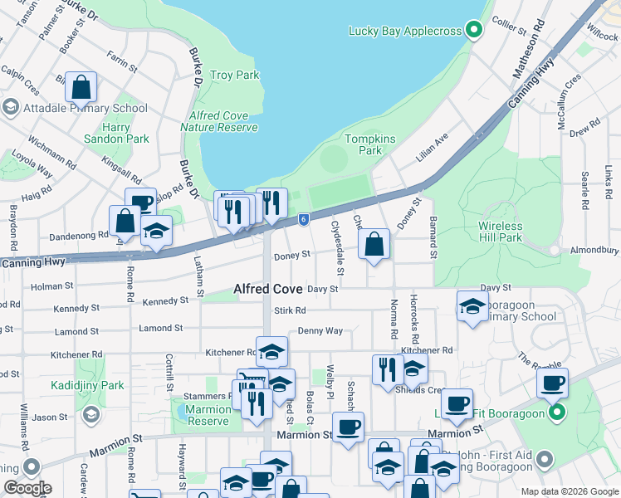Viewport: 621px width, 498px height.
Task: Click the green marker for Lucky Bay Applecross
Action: (x=474, y=32)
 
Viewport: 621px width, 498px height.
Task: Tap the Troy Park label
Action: (x=235, y=76)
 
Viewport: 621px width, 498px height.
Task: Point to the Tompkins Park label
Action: (x=364, y=144)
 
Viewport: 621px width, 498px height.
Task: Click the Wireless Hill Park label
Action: (x=501, y=232)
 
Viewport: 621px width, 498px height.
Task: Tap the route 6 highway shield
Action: (x=305, y=219)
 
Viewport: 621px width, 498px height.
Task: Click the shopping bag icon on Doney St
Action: (x=374, y=244)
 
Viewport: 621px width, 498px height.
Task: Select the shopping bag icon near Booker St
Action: (x=81, y=86)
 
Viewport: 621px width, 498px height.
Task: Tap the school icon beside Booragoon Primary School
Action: (x=472, y=305)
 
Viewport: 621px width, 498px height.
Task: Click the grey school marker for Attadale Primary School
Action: (x=10, y=108)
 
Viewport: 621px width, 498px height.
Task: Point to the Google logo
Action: (x=27, y=488)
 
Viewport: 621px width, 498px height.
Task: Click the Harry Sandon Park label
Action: (x=115, y=133)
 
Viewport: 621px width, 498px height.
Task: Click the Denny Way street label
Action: (x=320, y=330)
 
